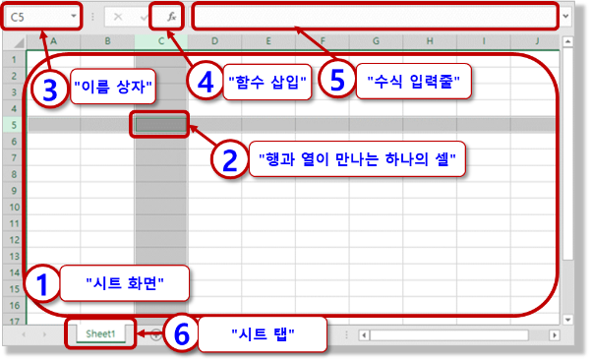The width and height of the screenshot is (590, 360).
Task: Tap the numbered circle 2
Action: coord(229,159)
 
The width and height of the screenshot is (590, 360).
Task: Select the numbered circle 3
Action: coord(49,89)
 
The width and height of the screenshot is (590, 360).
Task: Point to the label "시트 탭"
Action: coord(262,334)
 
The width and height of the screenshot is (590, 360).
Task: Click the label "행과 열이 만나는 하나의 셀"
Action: coord(358,158)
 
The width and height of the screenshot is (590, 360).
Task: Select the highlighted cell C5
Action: coord(161,125)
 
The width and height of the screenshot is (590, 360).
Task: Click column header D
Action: coord(214,40)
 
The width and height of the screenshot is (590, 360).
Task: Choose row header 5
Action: coord(15,125)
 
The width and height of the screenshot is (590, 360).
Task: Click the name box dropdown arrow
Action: coord(74,17)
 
